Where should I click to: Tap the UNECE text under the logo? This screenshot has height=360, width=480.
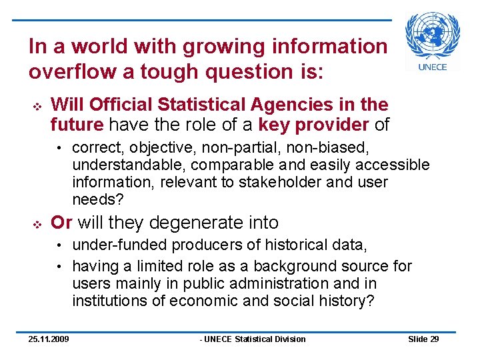pos(432,67)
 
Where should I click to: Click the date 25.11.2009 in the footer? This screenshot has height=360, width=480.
pos(49,339)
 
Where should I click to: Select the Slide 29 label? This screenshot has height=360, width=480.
pos(423,339)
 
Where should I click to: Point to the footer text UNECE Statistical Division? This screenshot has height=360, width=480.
pos(253,339)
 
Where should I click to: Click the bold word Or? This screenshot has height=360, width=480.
pos(61,222)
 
